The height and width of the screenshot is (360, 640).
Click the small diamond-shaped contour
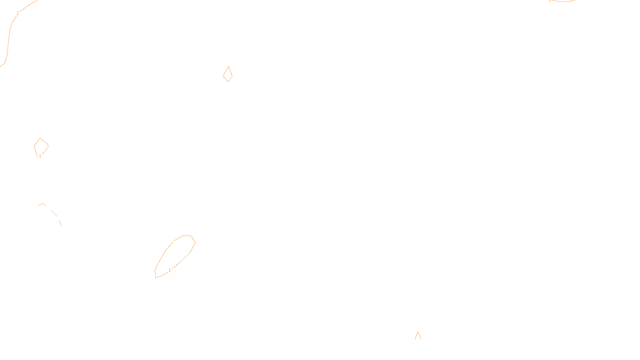(x=228, y=74)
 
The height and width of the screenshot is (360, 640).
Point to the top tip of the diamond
(x=228, y=66)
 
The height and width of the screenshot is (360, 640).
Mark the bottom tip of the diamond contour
(x=228, y=82)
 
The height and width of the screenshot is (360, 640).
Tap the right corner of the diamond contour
(x=232, y=74)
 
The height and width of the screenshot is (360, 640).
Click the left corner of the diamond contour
(x=223, y=74)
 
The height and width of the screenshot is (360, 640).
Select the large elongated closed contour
(x=175, y=256)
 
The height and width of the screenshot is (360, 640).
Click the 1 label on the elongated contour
(x=170, y=270)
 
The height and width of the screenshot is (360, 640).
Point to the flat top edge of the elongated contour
(x=187, y=236)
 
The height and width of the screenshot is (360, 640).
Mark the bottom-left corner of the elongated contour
(x=156, y=277)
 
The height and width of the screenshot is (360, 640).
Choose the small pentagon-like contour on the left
(x=41, y=147)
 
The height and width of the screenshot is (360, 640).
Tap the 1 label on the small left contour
(x=40, y=156)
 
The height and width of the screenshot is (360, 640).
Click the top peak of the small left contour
(x=40, y=138)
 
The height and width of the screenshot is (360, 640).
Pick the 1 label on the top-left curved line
(x=18, y=13)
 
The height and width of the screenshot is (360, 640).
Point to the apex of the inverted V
(x=418, y=332)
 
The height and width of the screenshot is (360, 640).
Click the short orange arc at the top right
(x=563, y=1)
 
